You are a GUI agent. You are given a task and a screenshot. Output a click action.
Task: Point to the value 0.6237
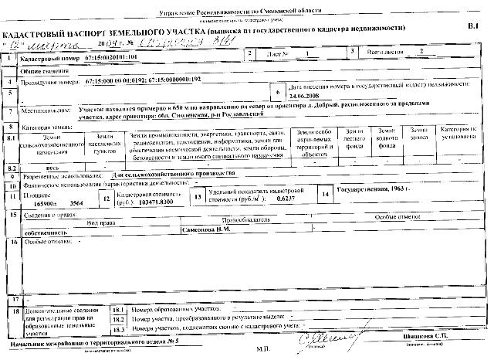click(x=286, y=199)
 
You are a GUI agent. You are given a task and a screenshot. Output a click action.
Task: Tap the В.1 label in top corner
click(x=473, y=27)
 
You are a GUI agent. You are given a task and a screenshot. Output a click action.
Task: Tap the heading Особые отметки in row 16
click(x=48, y=242)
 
